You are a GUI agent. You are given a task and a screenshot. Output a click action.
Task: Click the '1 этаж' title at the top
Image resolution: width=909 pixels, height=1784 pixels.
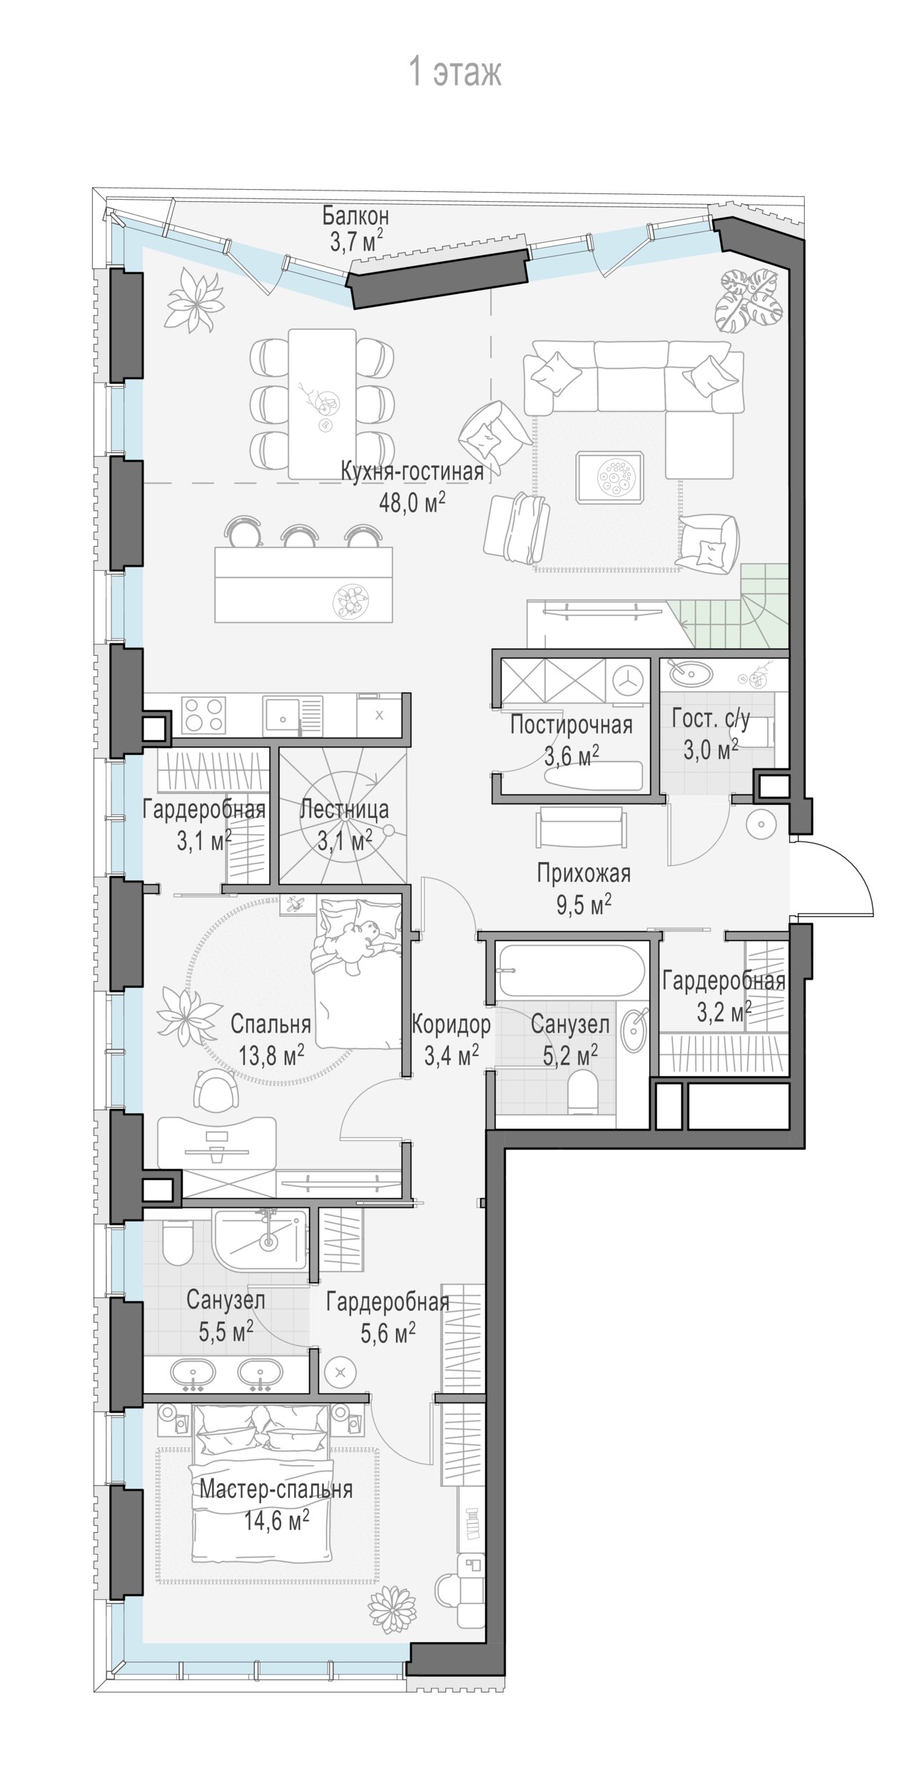[x=454, y=73]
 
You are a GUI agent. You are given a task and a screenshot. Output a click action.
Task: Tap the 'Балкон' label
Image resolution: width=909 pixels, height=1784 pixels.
[x=355, y=215]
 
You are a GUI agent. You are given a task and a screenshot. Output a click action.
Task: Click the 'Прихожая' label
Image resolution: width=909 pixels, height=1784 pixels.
[x=584, y=873]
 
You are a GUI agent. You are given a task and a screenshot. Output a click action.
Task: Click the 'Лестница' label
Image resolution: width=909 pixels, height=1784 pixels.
[x=344, y=809]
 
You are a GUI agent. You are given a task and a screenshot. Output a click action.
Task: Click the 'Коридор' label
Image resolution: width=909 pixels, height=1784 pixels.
[x=451, y=1025]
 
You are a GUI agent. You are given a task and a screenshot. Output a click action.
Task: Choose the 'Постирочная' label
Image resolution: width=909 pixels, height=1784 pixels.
[x=572, y=724]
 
